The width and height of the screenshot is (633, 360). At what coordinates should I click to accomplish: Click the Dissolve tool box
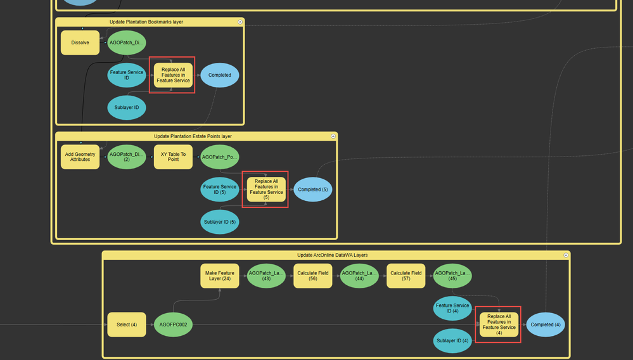point(80,42)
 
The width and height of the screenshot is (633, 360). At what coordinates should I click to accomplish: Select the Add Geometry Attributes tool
point(80,157)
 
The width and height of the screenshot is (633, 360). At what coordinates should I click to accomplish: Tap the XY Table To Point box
point(173,157)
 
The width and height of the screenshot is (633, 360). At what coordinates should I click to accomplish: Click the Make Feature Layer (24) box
point(220,276)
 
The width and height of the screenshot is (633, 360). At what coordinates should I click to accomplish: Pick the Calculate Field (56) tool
point(312,276)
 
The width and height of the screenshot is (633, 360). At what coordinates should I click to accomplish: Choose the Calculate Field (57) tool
point(406,276)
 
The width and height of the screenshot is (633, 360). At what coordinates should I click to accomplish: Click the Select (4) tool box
point(127,325)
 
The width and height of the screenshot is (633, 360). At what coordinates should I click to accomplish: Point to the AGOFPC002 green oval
point(173,325)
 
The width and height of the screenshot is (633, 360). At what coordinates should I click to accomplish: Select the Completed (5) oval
point(312,190)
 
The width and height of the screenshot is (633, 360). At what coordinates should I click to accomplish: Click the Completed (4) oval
point(546,325)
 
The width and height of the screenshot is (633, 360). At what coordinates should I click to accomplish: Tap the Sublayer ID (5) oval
point(220,222)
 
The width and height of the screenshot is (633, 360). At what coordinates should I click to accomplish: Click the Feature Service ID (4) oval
point(452,308)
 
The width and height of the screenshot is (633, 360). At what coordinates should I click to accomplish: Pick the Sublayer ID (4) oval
point(452,341)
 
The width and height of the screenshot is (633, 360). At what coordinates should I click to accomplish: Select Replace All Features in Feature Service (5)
point(266,190)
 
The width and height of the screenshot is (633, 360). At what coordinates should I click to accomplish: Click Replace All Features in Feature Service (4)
point(499,325)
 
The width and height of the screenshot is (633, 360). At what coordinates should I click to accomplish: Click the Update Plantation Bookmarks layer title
point(146,22)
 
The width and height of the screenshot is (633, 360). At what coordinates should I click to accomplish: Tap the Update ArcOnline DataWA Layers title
point(332,255)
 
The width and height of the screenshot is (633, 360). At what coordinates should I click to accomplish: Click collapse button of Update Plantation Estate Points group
point(333,136)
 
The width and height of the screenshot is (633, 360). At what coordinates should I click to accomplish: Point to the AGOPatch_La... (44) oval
point(359,276)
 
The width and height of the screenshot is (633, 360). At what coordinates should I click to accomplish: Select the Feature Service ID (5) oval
point(220,190)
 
